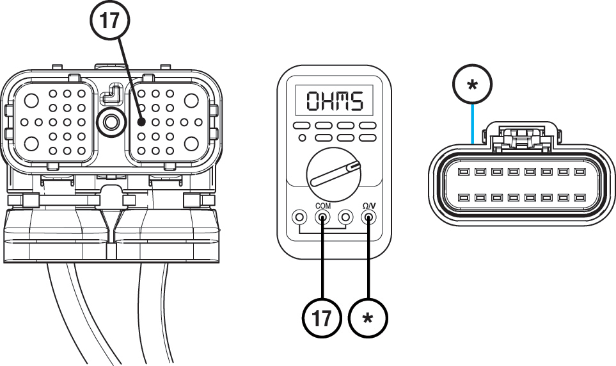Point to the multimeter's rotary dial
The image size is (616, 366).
[331, 172]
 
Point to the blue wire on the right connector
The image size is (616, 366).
[472, 125]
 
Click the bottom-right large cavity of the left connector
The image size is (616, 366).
[192, 144]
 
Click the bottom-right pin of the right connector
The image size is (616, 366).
[580, 198]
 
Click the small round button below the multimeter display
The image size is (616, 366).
[302, 137]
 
